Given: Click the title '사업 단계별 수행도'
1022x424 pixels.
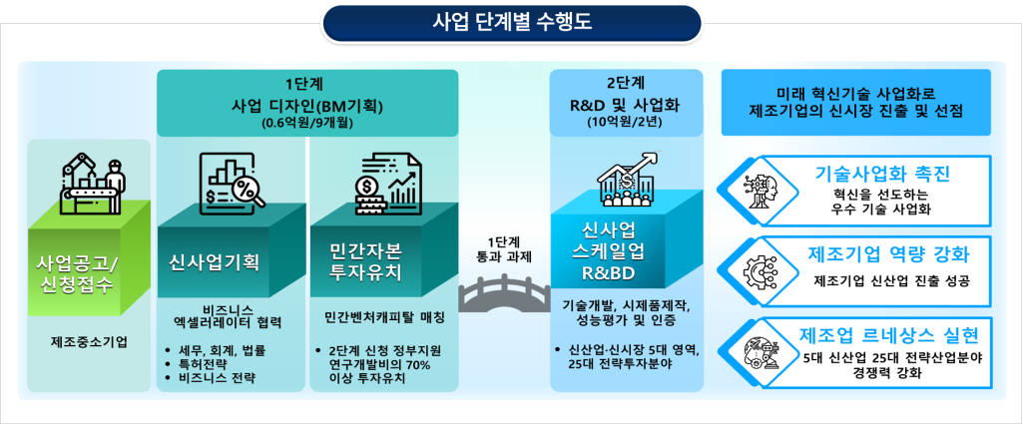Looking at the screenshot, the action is [x=512, y=23].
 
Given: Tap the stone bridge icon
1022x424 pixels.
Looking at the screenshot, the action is [x=504, y=292].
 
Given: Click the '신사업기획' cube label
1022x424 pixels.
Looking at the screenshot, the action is [x=214, y=261].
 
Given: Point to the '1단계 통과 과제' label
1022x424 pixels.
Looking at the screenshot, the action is [x=504, y=249].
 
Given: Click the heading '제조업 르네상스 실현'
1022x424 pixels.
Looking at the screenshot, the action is [x=888, y=335].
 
